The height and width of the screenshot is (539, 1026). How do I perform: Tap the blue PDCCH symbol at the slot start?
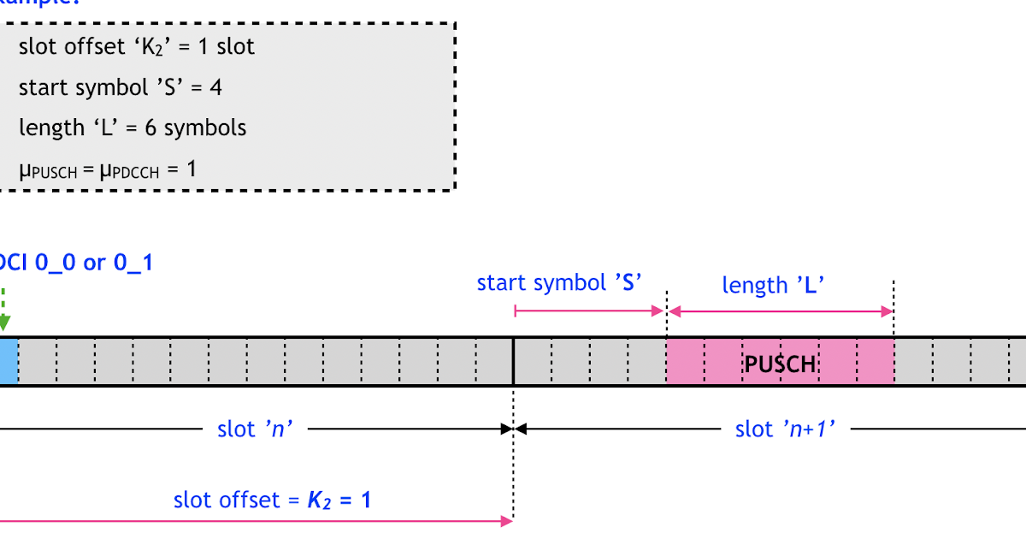pos(8,361)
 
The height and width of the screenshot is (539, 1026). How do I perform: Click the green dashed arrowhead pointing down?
pos(3,323)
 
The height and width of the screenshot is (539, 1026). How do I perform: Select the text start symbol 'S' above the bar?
pos(559,282)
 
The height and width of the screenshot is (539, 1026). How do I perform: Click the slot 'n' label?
pos(256,428)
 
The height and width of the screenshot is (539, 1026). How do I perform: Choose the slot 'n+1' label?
pos(785,428)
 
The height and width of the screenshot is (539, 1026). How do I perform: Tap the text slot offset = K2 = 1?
pos(272,500)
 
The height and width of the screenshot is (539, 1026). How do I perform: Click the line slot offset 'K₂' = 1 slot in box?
pos(137,46)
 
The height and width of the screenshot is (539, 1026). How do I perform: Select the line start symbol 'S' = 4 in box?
pos(121,86)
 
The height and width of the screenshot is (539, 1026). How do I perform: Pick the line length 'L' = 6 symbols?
pos(133,127)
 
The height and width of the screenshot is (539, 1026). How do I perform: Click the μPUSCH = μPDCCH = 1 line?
pos(107,169)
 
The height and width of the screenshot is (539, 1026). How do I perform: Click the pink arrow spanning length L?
pos(780,311)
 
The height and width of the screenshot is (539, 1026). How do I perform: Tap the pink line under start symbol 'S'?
pos(590,311)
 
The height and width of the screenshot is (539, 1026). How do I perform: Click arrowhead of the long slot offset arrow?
pos(506,519)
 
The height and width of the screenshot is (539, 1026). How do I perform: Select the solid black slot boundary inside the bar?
pos(513,361)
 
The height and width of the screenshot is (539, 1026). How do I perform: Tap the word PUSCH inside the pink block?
pos(780,364)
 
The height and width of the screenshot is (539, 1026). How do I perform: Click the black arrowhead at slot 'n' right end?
pos(506,428)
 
